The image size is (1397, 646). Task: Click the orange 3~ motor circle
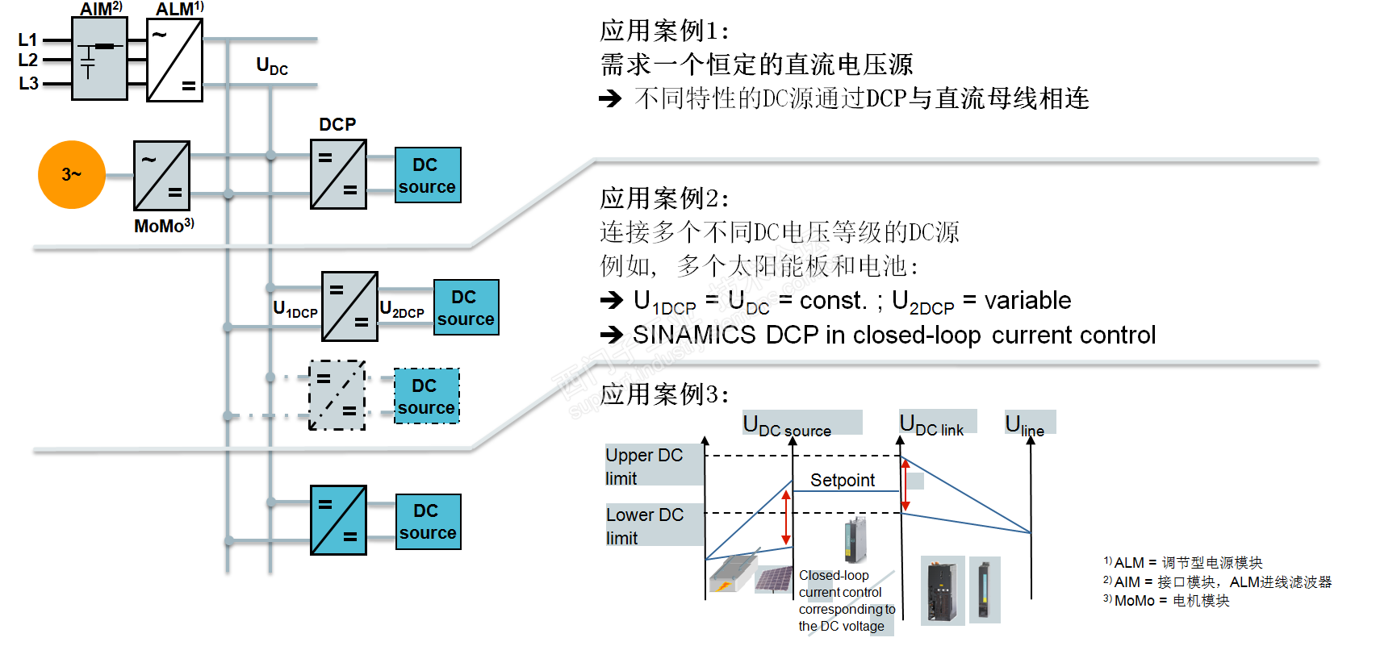click(x=72, y=174)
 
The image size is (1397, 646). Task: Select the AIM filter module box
click(x=99, y=59)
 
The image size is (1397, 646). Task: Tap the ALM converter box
click(x=174, y=60)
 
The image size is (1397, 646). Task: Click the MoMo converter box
click(x=161, y=176)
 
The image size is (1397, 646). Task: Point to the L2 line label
click(x=28, y=60)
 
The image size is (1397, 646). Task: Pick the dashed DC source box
click(x=426, y=396)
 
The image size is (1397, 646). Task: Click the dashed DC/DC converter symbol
click(x=337, y=395)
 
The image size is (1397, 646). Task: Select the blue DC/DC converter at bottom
click(x=338, y=520)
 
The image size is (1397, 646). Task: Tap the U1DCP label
click(x=295, y=309)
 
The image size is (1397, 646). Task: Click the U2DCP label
click(x=402, y=309)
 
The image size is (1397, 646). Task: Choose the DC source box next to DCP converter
click(x=428, y=175)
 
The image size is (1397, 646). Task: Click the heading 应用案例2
click(x=664, y=198)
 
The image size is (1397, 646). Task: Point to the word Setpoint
click(x=842, y=480)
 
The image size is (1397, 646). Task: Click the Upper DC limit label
click(x=644, y=466)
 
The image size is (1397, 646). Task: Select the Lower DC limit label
click(x=645, y=526)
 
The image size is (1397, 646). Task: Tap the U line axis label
click(x=1024, y=424)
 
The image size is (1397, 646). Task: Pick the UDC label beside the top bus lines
click(x=271, y=65)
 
